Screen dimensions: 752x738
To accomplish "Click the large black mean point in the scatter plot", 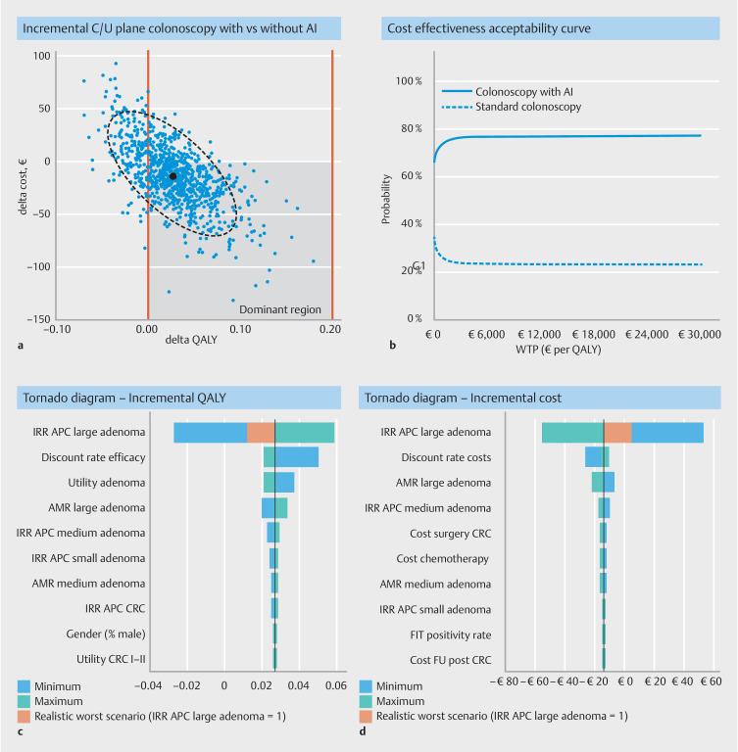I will pos(172,176).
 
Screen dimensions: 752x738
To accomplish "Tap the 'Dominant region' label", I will pos(279,309).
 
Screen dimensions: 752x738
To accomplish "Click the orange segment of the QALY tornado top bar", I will pos(261,432).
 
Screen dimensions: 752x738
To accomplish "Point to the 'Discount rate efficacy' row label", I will pos(93,457).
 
